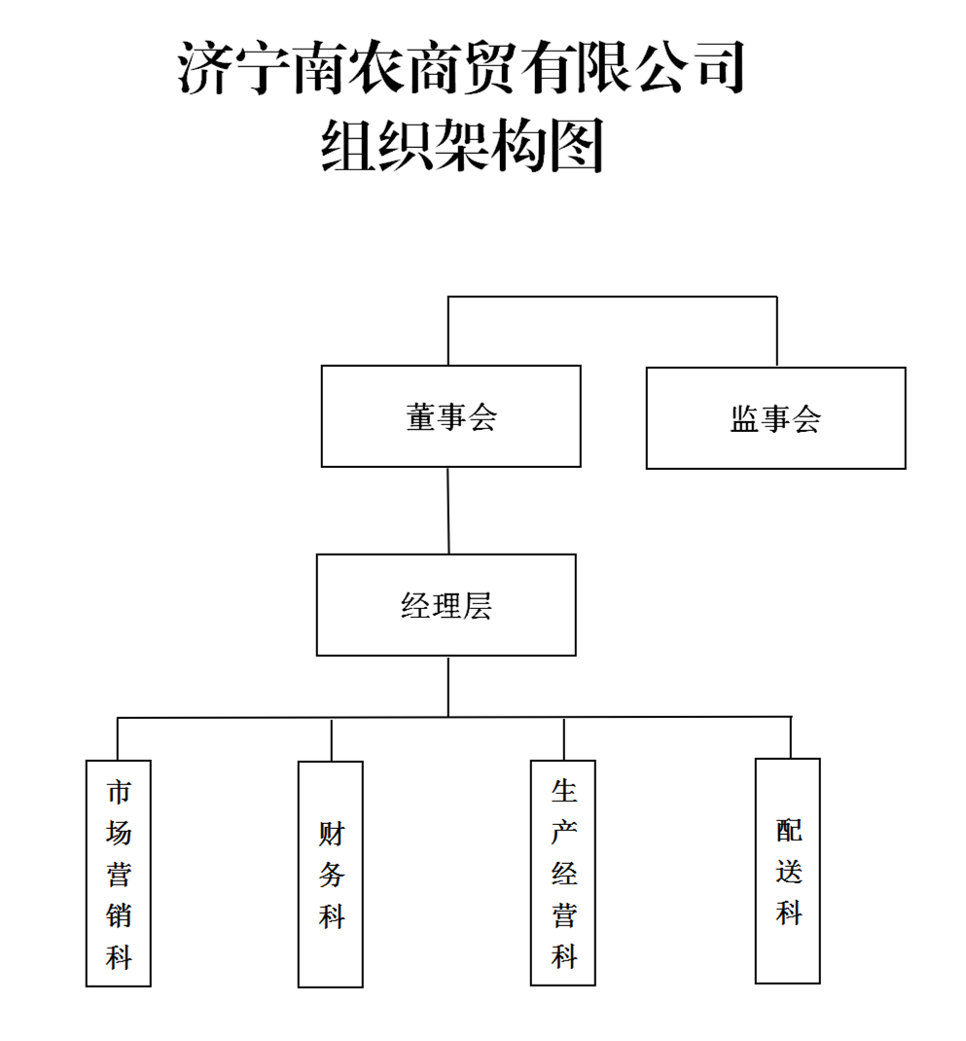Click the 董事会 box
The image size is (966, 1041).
(x=450, y=416)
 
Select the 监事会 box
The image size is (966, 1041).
(x=775, y=418)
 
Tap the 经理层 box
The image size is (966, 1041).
(x=446, y=605)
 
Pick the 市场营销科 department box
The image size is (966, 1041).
(x=119, y=873)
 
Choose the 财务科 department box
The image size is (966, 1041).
(x=331, y=874)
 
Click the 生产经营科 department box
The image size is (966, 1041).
(x=563, y=873)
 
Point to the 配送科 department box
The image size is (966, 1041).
(x=788, y=871)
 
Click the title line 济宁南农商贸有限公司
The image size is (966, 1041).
(x=462, y=68)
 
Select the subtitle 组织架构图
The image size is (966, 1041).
(x=463, y=146)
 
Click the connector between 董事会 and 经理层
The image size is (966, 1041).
(x=448, y=511)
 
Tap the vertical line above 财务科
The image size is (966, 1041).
(x=332, y=739)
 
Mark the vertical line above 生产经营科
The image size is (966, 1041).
(x=563, y=739)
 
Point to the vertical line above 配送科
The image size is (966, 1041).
(x=790, y=737)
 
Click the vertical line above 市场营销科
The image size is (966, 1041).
(x=118, y=739)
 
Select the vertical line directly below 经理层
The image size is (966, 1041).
(x=447, y=687)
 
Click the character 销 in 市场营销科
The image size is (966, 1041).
(x=119, y=915)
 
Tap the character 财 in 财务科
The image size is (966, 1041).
(x=332, y=833)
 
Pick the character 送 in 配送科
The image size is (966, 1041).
(x=789, y=872)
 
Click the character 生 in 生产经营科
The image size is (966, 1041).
(x=564, y=791)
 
